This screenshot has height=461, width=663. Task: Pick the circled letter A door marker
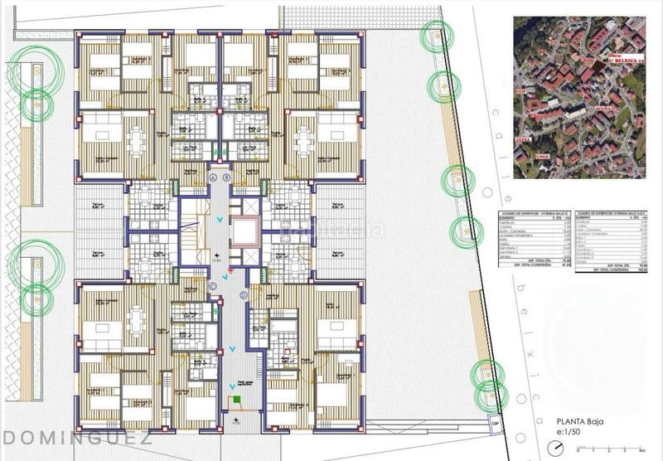point(213,178)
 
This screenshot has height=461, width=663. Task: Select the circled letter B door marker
point(227,178)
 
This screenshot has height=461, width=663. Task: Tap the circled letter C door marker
point(213,286)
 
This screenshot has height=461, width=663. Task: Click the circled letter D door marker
point(227,286)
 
